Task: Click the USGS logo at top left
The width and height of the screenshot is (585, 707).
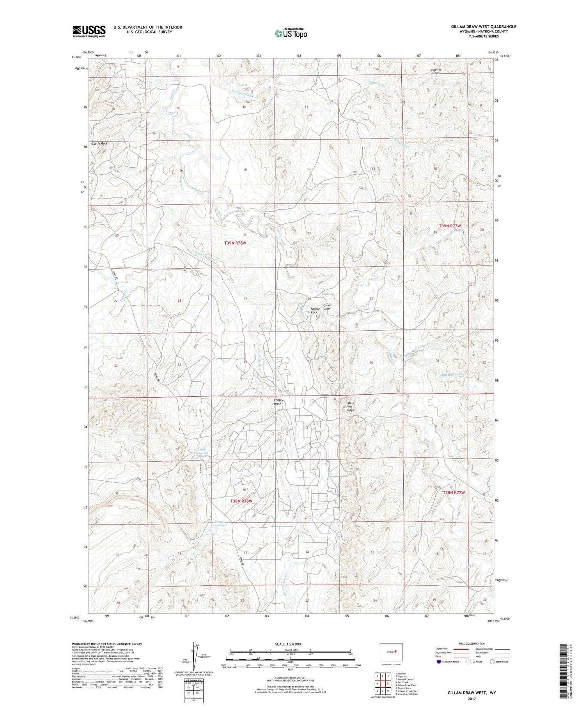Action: coord(89,31)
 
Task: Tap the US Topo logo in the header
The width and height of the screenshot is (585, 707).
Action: coord(291,33)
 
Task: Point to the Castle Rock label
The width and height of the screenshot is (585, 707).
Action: coord(100,144)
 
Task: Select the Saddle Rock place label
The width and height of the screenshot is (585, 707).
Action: coord(314,310)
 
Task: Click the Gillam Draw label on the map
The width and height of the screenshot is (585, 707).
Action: coord(327,307)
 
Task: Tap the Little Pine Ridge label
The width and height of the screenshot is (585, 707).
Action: coord(351,406)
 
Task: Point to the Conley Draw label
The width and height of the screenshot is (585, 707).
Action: coord(277,402)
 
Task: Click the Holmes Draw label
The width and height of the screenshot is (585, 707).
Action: coord(435,71)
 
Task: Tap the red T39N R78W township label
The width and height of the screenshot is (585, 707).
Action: coord(235,243)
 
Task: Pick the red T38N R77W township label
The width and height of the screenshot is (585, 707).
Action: coord(454,493)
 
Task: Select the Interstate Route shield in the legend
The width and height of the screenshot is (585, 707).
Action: coord(439,662)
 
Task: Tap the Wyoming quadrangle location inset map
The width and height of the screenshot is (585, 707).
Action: coord(391,652)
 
